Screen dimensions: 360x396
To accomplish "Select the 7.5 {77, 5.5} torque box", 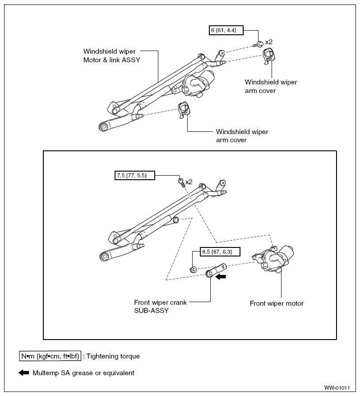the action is coord(135,175).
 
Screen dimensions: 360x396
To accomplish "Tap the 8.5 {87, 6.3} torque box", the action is coord(220,252).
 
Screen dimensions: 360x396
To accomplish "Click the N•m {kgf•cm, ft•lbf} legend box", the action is coord(50,356).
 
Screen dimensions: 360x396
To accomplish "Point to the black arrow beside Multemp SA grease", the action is coord(24,373).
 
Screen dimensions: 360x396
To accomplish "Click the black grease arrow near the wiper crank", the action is coord(221,276).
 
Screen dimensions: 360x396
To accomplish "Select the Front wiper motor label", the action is coord(277,303).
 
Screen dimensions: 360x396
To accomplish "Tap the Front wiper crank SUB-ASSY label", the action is coord(161,306).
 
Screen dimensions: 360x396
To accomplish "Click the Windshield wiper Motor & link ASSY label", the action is coord(112,56).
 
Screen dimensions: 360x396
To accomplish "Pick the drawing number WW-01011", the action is coord(337,388).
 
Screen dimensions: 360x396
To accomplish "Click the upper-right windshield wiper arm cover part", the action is coord(268,56).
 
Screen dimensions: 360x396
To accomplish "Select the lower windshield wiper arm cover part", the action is coord(184,110).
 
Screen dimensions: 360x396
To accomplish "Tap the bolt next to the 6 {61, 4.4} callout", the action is coord(258,44).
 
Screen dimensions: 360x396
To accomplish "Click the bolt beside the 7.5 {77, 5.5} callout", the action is coord(181,182).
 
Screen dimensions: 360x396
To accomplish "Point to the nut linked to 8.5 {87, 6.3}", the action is coord(193,270).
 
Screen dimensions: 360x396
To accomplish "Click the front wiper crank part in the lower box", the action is coord(216,270).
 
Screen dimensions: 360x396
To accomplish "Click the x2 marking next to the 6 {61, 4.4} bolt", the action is coord(269,42).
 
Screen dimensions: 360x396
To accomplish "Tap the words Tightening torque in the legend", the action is coord(113,356).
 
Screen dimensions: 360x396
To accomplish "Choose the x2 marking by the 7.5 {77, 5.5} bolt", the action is coord(189,182).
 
